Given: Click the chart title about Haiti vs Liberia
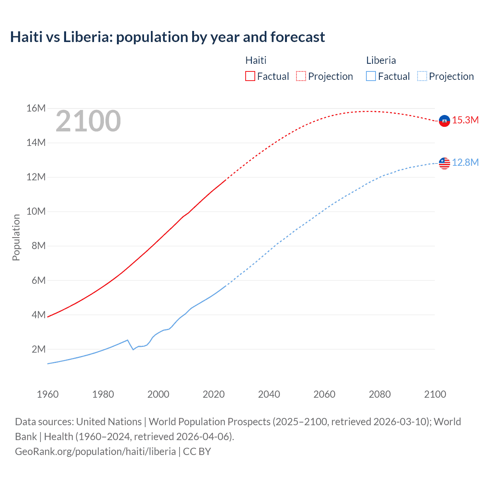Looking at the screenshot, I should click(167, 37).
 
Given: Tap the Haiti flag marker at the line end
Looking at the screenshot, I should click(444, 121).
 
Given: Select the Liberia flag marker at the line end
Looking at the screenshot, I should click(444, 163).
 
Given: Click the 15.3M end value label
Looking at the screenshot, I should click(465, 120).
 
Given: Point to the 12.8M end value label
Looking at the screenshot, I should click(465, 163).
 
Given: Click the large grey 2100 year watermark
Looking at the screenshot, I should click(88, 121).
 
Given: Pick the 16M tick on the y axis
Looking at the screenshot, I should click(36, 108).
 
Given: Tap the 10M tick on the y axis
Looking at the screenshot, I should click(36, 212).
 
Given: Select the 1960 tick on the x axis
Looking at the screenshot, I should click(48, 394).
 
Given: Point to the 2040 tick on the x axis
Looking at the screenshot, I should click(269, 394).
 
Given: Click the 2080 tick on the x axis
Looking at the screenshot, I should click(380, 394).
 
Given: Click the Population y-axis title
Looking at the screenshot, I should click(16, 237).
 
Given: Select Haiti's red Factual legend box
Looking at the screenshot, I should click(250, 76).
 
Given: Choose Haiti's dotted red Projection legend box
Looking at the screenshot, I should click(301, 76).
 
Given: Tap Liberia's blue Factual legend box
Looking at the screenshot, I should click(371, 76).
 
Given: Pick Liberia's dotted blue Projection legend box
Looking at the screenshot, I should click(422, 76).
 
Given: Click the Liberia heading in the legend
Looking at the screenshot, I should click(381, 60).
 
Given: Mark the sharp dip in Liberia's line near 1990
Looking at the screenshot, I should click(133, 349).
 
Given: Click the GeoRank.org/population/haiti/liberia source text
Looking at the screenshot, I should click(96, 452).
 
